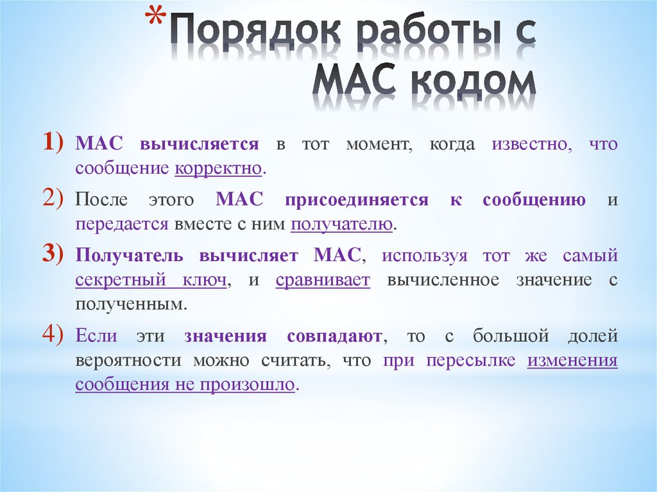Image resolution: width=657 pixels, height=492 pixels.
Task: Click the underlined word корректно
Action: [x=218, y=169]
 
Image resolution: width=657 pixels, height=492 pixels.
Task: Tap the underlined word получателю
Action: [x=341, y=225]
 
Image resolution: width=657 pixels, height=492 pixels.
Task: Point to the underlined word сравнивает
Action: [x=323, y=280]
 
